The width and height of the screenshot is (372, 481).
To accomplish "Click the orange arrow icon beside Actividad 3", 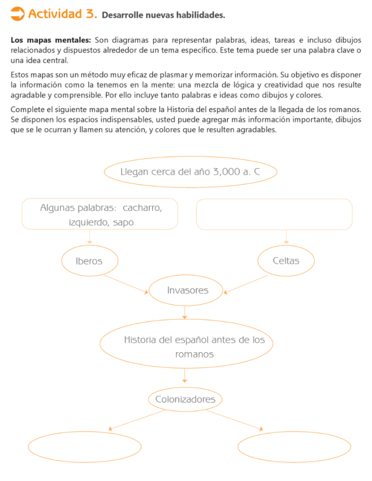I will tap(17, 14).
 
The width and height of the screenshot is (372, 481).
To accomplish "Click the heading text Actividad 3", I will tap(63, 14).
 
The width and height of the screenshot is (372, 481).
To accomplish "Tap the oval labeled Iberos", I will tap(89, 261).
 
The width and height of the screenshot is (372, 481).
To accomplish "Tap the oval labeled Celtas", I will tap(286, 261).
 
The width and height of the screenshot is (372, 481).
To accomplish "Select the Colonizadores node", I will tap(185, 400).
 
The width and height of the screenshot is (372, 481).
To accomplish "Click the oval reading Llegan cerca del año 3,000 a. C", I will tap(190, 172).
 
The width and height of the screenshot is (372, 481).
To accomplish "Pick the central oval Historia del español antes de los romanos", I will tap(194, 346).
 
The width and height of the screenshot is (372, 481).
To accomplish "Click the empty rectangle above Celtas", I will tap(274, 214).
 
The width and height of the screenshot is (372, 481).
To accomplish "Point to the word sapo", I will tap(123, 223).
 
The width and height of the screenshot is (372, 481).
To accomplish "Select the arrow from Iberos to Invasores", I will tap(125, 283).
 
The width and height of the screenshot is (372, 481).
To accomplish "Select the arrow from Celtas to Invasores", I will tap(247, 284).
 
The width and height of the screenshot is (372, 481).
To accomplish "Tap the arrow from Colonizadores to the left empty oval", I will tap(136, 420).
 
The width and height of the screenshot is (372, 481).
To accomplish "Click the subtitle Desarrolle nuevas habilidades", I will tap(163, 16).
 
